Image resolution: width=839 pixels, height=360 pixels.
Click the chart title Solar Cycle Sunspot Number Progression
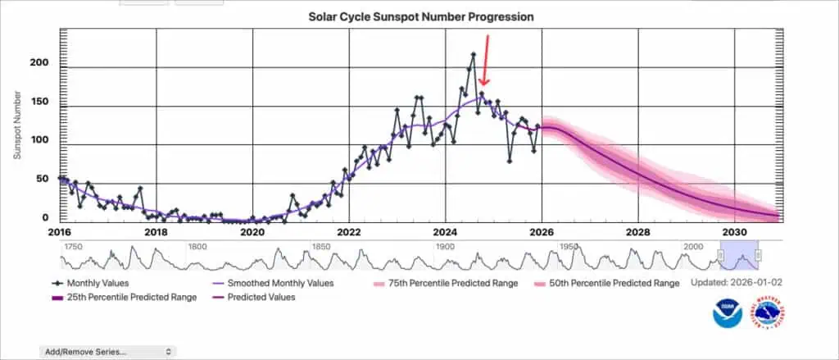tap(421, 16)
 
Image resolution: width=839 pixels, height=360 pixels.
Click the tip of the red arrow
tap(483, 85)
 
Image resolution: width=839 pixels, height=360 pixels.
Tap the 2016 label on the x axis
tap(59, 231)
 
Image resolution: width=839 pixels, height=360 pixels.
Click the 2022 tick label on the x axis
tap(349, 231)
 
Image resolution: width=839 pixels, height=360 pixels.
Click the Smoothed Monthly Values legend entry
tap(270, 283)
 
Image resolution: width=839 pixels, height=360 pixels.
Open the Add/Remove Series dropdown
tap(107, 351)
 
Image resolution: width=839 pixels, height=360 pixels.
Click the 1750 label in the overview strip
tap(73, 246)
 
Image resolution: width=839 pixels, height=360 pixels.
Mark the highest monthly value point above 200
tap(473, 55)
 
